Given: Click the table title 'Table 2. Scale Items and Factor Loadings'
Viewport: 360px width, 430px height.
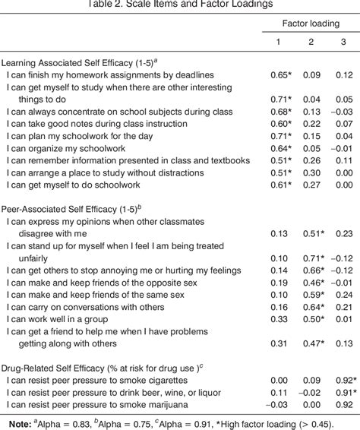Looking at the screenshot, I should coord(179,5).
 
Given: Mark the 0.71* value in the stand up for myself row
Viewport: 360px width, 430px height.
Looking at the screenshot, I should coord(312,258).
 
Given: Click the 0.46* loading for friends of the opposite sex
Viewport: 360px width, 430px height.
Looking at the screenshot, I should coord(312,282).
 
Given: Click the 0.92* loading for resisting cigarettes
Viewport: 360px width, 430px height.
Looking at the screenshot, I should coord(344,379).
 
